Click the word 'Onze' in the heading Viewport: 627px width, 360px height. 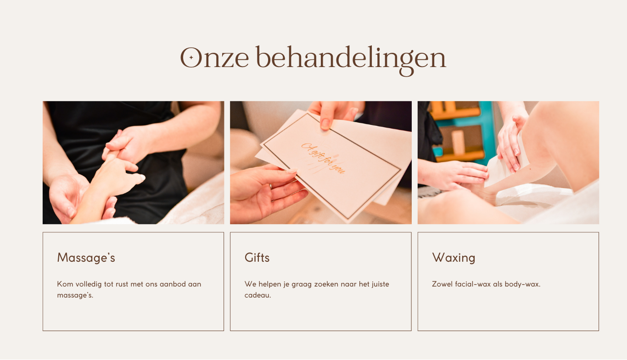(214, 57)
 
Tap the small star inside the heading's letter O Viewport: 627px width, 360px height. (191, 58)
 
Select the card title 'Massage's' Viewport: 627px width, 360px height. (86, 258)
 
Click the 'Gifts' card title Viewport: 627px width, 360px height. (257, 258)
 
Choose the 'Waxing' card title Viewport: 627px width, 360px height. (453, 258)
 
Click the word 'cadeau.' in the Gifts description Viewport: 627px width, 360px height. (258, 295)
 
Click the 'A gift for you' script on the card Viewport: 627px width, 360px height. (323, 158)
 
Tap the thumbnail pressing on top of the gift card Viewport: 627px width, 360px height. (325, 124)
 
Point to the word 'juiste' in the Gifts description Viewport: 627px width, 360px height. (380, 284)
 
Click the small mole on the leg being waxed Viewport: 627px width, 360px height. (531, 169)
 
